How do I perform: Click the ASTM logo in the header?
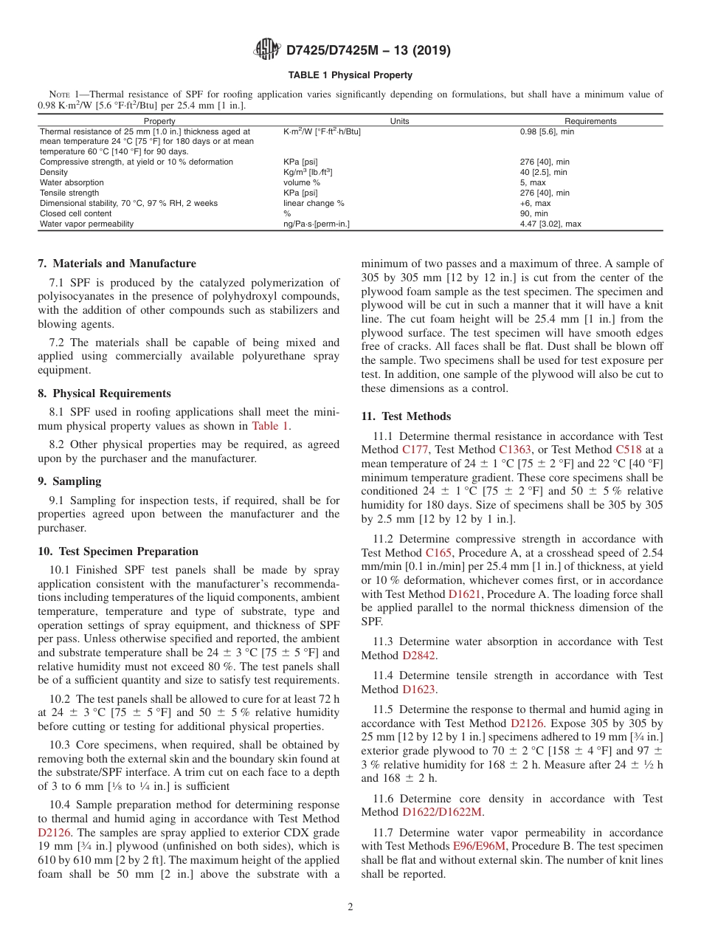tap(267, 49)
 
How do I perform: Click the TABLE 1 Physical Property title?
tap(350, 75)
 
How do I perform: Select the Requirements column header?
tap(590, 121)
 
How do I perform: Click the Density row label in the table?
tap(54, 172)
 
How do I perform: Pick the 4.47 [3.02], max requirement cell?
tap(550, 224)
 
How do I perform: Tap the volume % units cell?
tap(302, 182)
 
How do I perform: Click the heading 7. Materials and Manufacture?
tap(117, 264)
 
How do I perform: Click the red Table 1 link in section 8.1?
tap(270, 426)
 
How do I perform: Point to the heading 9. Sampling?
tap(69, 481)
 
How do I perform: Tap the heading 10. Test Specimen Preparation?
tap(118, 551)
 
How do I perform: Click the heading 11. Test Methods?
tap(406, 416)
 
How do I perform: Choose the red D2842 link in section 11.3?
tap(419, 655)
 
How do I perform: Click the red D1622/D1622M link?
tap(442, 812)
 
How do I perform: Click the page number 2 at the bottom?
tap(350, 907)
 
